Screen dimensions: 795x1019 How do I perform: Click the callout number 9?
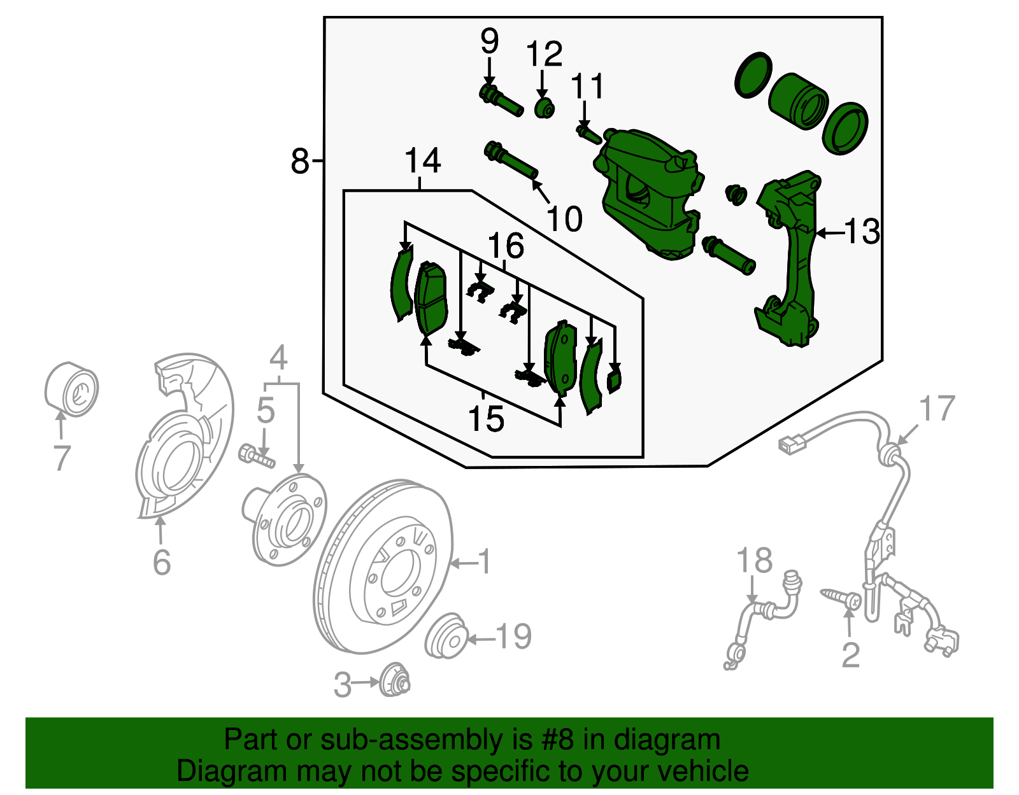pyautogui.click(x=489, y=42)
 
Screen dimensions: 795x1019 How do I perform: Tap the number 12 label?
pyautogui.click(x=545, y=55)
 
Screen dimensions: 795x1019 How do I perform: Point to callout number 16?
pyautogui.click(x=506, y=246)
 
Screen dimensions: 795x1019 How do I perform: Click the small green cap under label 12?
pyautogui.click(x=544, y=109)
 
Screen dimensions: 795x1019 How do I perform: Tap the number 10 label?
pyautogui.click(x=564, y=219)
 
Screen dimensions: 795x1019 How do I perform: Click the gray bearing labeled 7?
pyautogui.click(x=72, y=390)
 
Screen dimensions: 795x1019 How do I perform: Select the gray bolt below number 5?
pyautogui.click(x=256, y=456)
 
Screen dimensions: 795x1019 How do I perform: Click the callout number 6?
pyautogui.click(x=162, y=562)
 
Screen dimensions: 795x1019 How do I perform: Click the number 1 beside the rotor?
pyautogui.click(x=485, y=562)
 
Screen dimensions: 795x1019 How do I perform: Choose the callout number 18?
pyautogui.click(x=754, y=561)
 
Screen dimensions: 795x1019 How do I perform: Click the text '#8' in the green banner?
pyautogui.click(x=559, y=740)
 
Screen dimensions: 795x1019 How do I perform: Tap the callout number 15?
pyautogui.click(x=486, y=419)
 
